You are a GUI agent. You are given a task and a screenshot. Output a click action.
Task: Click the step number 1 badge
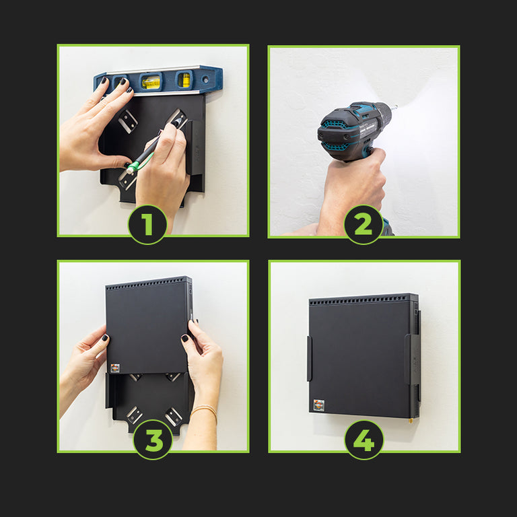[x=147, y=225]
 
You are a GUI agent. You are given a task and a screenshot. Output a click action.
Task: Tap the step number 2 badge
[x=364, y=225]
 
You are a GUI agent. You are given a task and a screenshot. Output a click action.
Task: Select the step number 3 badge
[x=153, y=440]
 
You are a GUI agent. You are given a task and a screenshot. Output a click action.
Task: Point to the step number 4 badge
[x=364, y=440]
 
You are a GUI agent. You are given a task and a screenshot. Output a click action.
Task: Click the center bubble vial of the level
[x=151, y=81]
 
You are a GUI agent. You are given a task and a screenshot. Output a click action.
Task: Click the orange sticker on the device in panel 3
[x=115, y=368]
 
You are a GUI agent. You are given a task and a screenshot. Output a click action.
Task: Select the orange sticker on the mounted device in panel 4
[x=319, y=405]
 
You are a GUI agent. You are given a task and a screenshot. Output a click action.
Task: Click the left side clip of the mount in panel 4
[x=309, y=359]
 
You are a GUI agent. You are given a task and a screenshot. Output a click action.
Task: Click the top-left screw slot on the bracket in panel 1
[x=128, y=121]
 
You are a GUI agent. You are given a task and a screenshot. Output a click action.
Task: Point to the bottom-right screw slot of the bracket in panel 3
[x=174, y=417]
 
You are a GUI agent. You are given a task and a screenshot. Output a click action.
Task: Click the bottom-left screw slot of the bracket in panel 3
[x=134, y=415]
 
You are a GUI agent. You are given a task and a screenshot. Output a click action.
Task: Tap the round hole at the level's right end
[x=206, y=79]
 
